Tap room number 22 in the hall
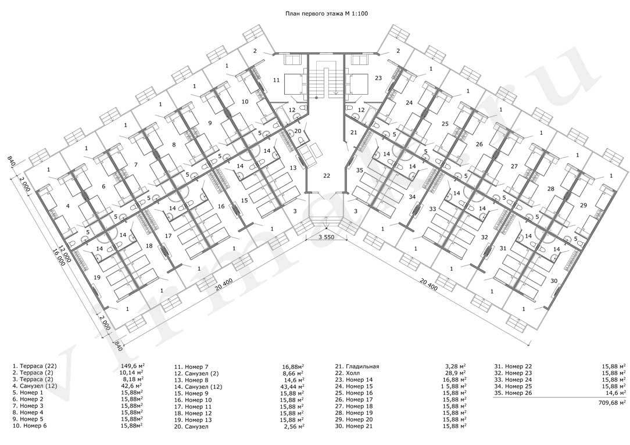327,175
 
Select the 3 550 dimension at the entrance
326,237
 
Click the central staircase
326,79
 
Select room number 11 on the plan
277,80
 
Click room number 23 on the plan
378,78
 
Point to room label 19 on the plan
97,277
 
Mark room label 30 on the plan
554,281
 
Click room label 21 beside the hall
353,132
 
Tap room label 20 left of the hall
298,131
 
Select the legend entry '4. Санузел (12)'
35,386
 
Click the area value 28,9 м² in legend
456,373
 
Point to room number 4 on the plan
68,206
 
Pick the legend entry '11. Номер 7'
191,367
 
